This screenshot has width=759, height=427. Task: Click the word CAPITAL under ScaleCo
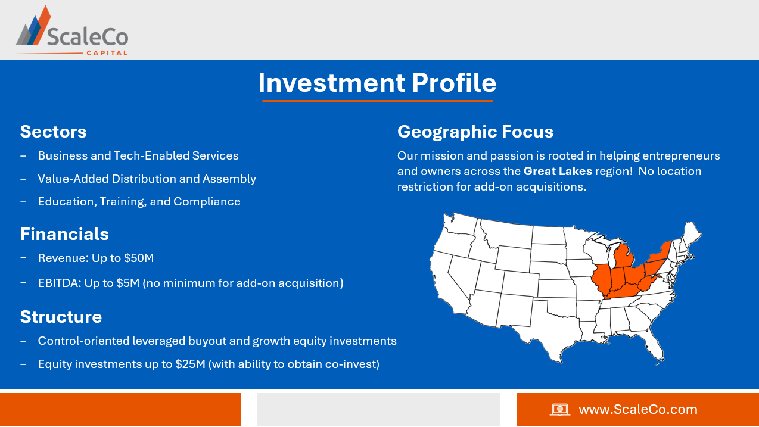(107, 53)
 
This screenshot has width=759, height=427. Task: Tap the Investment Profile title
(377, 83)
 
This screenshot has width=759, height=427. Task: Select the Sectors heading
(53, 132)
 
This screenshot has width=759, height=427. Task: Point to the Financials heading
(64, 234)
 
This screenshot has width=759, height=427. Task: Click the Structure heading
(61, 317)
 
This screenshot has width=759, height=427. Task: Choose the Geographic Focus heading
(475, 132)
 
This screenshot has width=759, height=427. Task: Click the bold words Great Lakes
(558, 172)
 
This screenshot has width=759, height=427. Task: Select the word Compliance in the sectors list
(207, 202)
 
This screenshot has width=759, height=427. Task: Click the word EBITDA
(60, 283)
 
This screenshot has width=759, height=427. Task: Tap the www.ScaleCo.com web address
(638, 410)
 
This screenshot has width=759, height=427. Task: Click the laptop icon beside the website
(560, 410)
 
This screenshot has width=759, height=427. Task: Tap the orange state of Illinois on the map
(601, 280)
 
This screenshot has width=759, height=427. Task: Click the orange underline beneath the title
(378, 101)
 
